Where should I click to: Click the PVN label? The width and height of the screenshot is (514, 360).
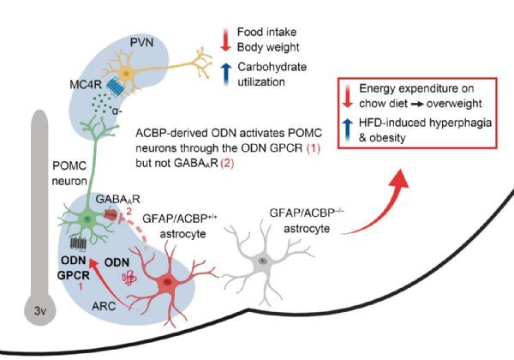click(x=141, y=43)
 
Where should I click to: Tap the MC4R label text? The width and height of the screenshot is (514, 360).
click(x=85, y=85)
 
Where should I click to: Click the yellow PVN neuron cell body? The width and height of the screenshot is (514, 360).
click(x=127, y=74)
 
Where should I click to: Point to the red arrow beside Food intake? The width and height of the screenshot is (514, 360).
click(x=225, y=40)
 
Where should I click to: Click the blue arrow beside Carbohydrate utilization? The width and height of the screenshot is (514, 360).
click(x=225, y=75)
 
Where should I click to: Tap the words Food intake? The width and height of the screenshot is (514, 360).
click(x=266, y=32)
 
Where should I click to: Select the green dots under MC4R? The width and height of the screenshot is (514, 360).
click(x=99, y=103)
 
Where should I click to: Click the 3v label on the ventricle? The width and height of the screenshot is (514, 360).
click(x=40, y=310)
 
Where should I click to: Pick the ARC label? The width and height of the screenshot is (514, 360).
click(x=104, y=306)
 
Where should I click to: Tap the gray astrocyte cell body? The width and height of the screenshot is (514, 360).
click(x=262, y=261)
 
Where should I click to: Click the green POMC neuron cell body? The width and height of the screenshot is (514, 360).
click(x=87, y=219)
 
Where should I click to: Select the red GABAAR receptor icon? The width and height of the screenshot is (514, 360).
click(x=111, y=215)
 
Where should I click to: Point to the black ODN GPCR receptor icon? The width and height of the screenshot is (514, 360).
click(x=78, y=243)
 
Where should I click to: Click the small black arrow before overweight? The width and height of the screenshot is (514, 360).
click(x=418, y=105)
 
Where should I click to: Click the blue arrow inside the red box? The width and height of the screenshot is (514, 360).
click(x=348, y=130)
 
